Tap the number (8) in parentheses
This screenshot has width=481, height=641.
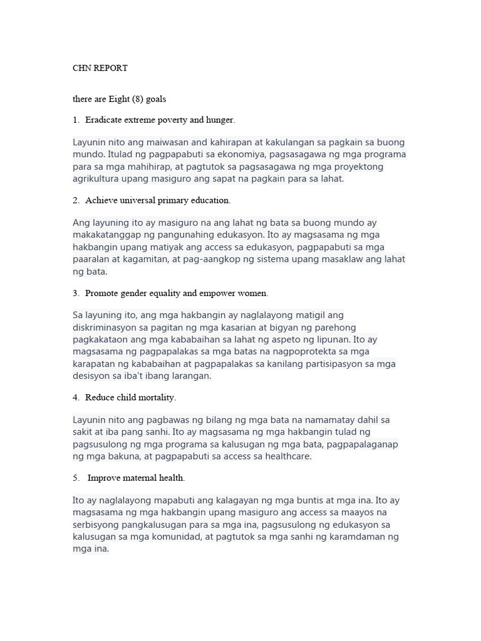[x=137, y=99]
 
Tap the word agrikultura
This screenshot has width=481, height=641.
[x=96, y=178]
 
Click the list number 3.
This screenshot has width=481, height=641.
[x=75, y=293]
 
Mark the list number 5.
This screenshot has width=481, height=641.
[x=75, y=478]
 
